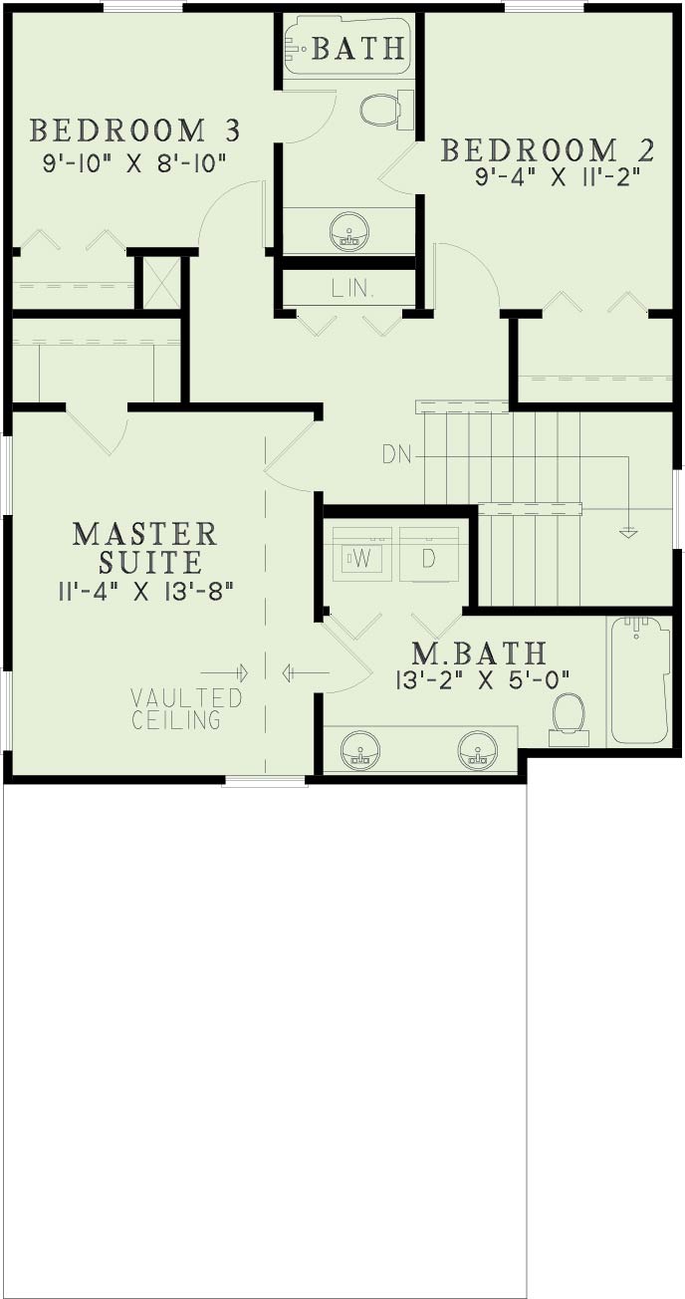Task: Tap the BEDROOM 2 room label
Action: (x=549, y=150)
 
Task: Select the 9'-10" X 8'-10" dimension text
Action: (x=134, y=161)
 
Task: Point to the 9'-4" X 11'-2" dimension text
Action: (x=558, y=177)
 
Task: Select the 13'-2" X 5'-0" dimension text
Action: (x=483, y=679)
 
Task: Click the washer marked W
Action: (x=364, y=558)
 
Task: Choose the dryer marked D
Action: (x=429, y=558)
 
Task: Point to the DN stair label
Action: (x=396, y=455)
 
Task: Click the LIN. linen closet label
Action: (x=352, y=289)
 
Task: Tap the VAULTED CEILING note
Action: (x=186, y=708)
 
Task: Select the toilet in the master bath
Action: (x=569, y=718)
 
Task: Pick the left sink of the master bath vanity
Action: (x=359, y=750)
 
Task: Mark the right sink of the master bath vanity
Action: (x=478, y=750)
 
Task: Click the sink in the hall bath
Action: (x=349, y=231)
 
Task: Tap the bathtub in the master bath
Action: (x=638, y=680)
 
